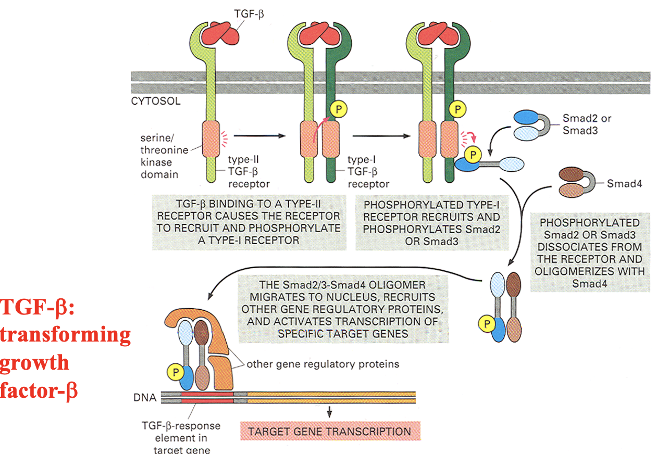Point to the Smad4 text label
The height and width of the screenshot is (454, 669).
click(623, 183)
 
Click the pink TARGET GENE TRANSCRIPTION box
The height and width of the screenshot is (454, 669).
click(329, 432)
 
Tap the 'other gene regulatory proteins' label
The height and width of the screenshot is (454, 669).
click(323, 364)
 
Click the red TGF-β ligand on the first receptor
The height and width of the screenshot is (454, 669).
click(216, 32)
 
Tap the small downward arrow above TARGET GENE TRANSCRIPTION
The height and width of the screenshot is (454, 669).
click(329, 411)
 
